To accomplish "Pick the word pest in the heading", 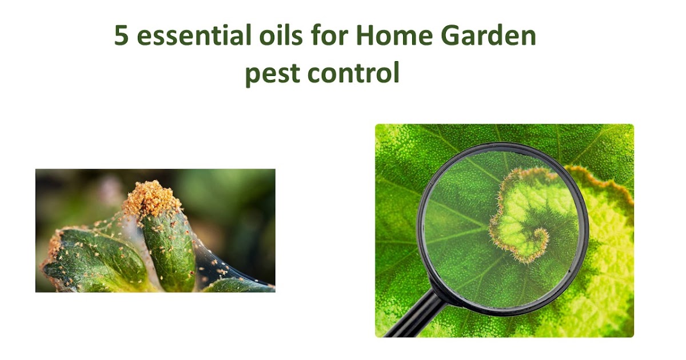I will pyautogui.click(x=269, y=74).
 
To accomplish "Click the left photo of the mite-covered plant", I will pyautogui.click(x=155, y=230).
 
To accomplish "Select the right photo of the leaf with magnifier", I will pyautogui.click(x=504, y=230).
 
